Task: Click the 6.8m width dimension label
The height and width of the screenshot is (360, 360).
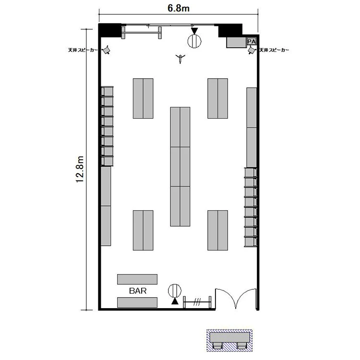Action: pos(179,8)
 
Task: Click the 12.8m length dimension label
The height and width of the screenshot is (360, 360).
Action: pos(80,169)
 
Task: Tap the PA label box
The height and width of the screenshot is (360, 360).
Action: pos(252,42)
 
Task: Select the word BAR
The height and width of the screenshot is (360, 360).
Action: pos(138,291)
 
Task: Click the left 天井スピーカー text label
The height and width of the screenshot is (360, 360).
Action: pos(83,50)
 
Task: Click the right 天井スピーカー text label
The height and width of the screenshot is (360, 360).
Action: pos(274,50)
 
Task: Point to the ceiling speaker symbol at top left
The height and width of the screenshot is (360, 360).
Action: pos(106,50)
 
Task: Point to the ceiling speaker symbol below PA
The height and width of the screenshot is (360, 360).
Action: pos(252,50)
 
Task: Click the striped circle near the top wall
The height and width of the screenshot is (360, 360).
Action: pos(194,41)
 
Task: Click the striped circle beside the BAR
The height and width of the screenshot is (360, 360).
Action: pos(175,291)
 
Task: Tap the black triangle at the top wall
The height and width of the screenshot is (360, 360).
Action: pos(194,31)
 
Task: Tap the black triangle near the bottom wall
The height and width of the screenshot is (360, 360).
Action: pos(175,301)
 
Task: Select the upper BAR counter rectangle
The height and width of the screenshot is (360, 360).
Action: pos(137,279)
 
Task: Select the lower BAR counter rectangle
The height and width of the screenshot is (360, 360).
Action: pos(137,302)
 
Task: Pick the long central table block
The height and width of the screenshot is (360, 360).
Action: pos(180,167)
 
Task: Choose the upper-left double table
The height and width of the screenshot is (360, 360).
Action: pos(143,98)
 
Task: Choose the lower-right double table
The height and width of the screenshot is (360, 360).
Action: pos(217,230)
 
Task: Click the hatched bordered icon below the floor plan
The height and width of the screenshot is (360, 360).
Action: pos(229,340)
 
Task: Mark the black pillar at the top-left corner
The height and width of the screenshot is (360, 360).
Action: pos(110,30)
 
